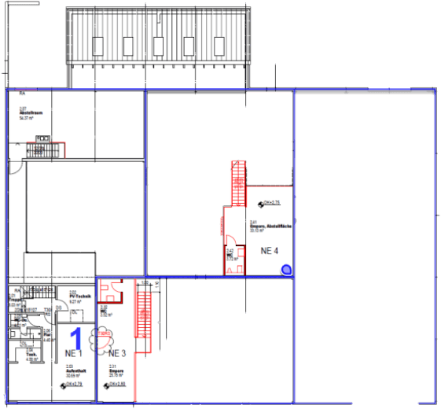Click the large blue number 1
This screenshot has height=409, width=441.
pyautogui.click(x=77, y=337)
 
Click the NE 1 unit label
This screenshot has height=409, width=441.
pyautogui.click(x=75, y=353)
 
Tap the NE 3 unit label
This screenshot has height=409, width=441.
pyautogui.click(x=117, y=353)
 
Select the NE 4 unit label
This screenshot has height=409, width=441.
pyautogui.click(x=270, y=251)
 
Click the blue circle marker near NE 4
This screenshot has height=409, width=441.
pyautogui.click(x=285, y=271)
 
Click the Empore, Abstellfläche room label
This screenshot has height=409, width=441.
pyautogui.click(x=271, y=227)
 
